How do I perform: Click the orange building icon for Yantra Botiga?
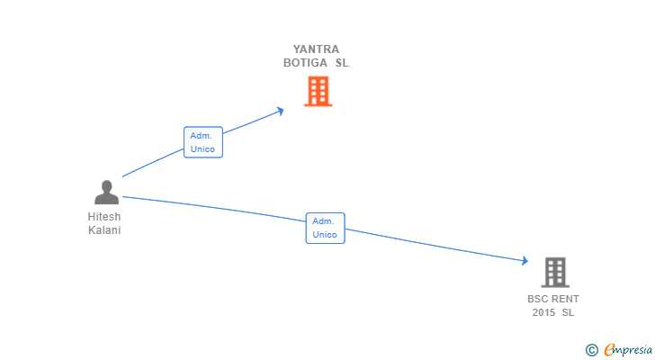[x=318, y=91]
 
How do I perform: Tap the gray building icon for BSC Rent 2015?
[x=555, y=272]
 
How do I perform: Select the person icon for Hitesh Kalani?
[x=106, y=193]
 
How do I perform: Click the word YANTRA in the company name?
[x=317, y=49]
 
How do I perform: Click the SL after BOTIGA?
[x=342, y=64]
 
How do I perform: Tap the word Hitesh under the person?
[x=104, y=217]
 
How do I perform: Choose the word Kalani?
[x=104, y=230]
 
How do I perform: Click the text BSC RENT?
[x=553, y=299]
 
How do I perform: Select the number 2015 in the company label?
[x=543, y=312]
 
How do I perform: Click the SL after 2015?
[x=568, y=312]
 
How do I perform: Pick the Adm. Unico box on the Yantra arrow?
[x=202, y=142]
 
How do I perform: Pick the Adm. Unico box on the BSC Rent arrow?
[x=325, y=228]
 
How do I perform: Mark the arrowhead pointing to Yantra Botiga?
[x=281, y=111]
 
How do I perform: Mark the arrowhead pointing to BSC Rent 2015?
[x=525, y=261]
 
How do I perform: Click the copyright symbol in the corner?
[x=591, y=350]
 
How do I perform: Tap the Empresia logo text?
[x=626, y=350]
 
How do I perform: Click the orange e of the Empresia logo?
[x=609, y=350]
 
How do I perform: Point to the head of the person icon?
[x=106, y=185]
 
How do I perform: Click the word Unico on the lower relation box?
[x=325, y=235]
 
